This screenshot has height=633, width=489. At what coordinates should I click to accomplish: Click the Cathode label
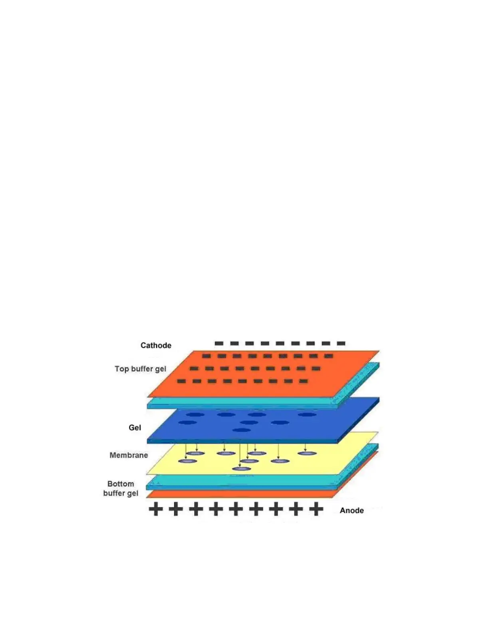pyautogui.click(x=156, y=345)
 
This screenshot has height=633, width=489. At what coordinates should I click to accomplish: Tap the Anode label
pyautogui.click(x=352, y=510)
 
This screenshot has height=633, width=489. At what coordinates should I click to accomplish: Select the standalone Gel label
pyautogui.click(x=135, y=428)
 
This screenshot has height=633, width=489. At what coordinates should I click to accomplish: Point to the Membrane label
pyautogui.click(x=129, y=455)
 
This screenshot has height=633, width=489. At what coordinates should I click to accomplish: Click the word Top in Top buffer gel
pyautogui.click(x=121, y=369)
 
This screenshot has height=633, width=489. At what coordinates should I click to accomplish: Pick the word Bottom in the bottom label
pyautogui.click(x=121, y=484)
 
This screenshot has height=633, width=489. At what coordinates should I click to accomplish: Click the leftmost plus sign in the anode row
pyautogui.click(x=156, y=509)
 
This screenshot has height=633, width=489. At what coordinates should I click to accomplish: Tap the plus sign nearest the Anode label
pyautogui.click(x=316, y=509)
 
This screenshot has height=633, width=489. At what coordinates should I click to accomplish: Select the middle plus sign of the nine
pyautogui.click(x=236, y=509)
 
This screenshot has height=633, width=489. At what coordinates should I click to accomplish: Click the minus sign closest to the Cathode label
pyautogui.click(x=219, y=343)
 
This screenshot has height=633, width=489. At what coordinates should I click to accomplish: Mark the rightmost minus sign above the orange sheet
pyautogui.click(x=341, y=343)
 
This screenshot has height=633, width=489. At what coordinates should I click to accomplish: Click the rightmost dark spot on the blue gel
pyautogui.click(x=307, y=415)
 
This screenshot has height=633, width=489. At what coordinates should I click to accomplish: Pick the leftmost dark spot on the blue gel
pyautogui.click(x=187, y=422)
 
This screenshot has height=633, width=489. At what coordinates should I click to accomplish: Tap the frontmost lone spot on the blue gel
pyautogui.click(x=241, y=430)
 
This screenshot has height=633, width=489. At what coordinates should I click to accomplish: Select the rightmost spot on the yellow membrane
pyautogui.click(x=307, y=454)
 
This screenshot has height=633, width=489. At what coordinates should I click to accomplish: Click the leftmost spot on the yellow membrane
pyautogui.click(x=187, y=461)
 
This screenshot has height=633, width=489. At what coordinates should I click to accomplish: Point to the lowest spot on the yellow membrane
pyautogui.click(x=241, y=469)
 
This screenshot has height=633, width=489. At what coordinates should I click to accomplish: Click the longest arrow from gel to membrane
pyautogui.click(x=240, y=454)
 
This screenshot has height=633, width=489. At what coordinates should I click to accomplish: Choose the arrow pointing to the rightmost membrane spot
pyautogui.click(x=305, y=447)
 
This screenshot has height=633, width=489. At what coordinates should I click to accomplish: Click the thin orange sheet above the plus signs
pyautogui.click(x=240, y=495)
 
